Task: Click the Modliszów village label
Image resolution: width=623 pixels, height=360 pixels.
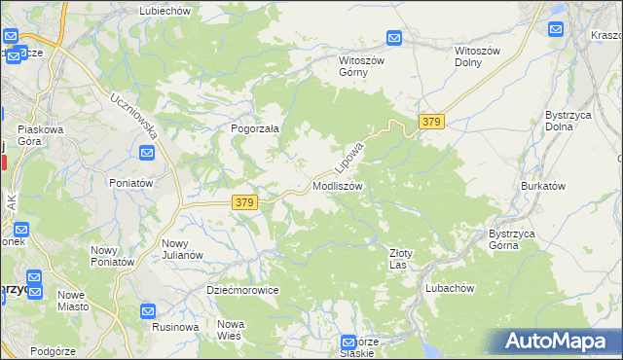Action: pyautogui.click(x=338, y=185)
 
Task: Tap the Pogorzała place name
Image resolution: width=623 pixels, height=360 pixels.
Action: pyautogui.click(x=255, y=128)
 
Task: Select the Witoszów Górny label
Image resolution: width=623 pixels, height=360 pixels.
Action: pyautogui.click(x=362, y=65)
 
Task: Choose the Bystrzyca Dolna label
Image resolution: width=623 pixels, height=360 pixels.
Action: pyautogui.click(x=565, y=121)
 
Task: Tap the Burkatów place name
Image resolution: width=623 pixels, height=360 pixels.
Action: pyautogui.click(x=543, y=185)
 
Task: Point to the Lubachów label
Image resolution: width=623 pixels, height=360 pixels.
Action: pyautogui.click(x=450, y=288)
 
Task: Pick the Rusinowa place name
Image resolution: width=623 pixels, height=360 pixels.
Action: pyautogui.click(x=175, y=327)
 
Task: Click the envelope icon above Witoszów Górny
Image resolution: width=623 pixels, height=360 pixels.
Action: pyautogui.click(x=394, y=38)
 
